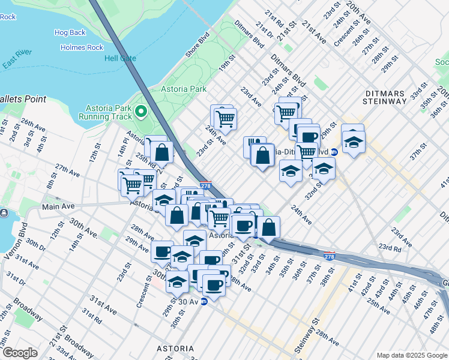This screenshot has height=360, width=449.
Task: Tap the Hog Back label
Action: coord(70,32)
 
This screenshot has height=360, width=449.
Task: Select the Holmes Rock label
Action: coord(82,47)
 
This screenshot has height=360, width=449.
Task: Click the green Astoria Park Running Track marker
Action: coord(141,111)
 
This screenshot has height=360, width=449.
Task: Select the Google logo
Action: coord(20,353)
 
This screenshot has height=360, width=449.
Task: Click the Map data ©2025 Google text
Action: coord(411,355)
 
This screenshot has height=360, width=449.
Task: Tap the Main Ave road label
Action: coord(57,207)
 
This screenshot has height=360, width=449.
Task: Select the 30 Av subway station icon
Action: coord(203,302)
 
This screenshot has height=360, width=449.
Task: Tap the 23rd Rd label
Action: coord(390,248)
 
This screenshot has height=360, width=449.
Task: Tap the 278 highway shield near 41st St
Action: coord(329,256)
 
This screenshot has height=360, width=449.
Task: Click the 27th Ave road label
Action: coord(67,170)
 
